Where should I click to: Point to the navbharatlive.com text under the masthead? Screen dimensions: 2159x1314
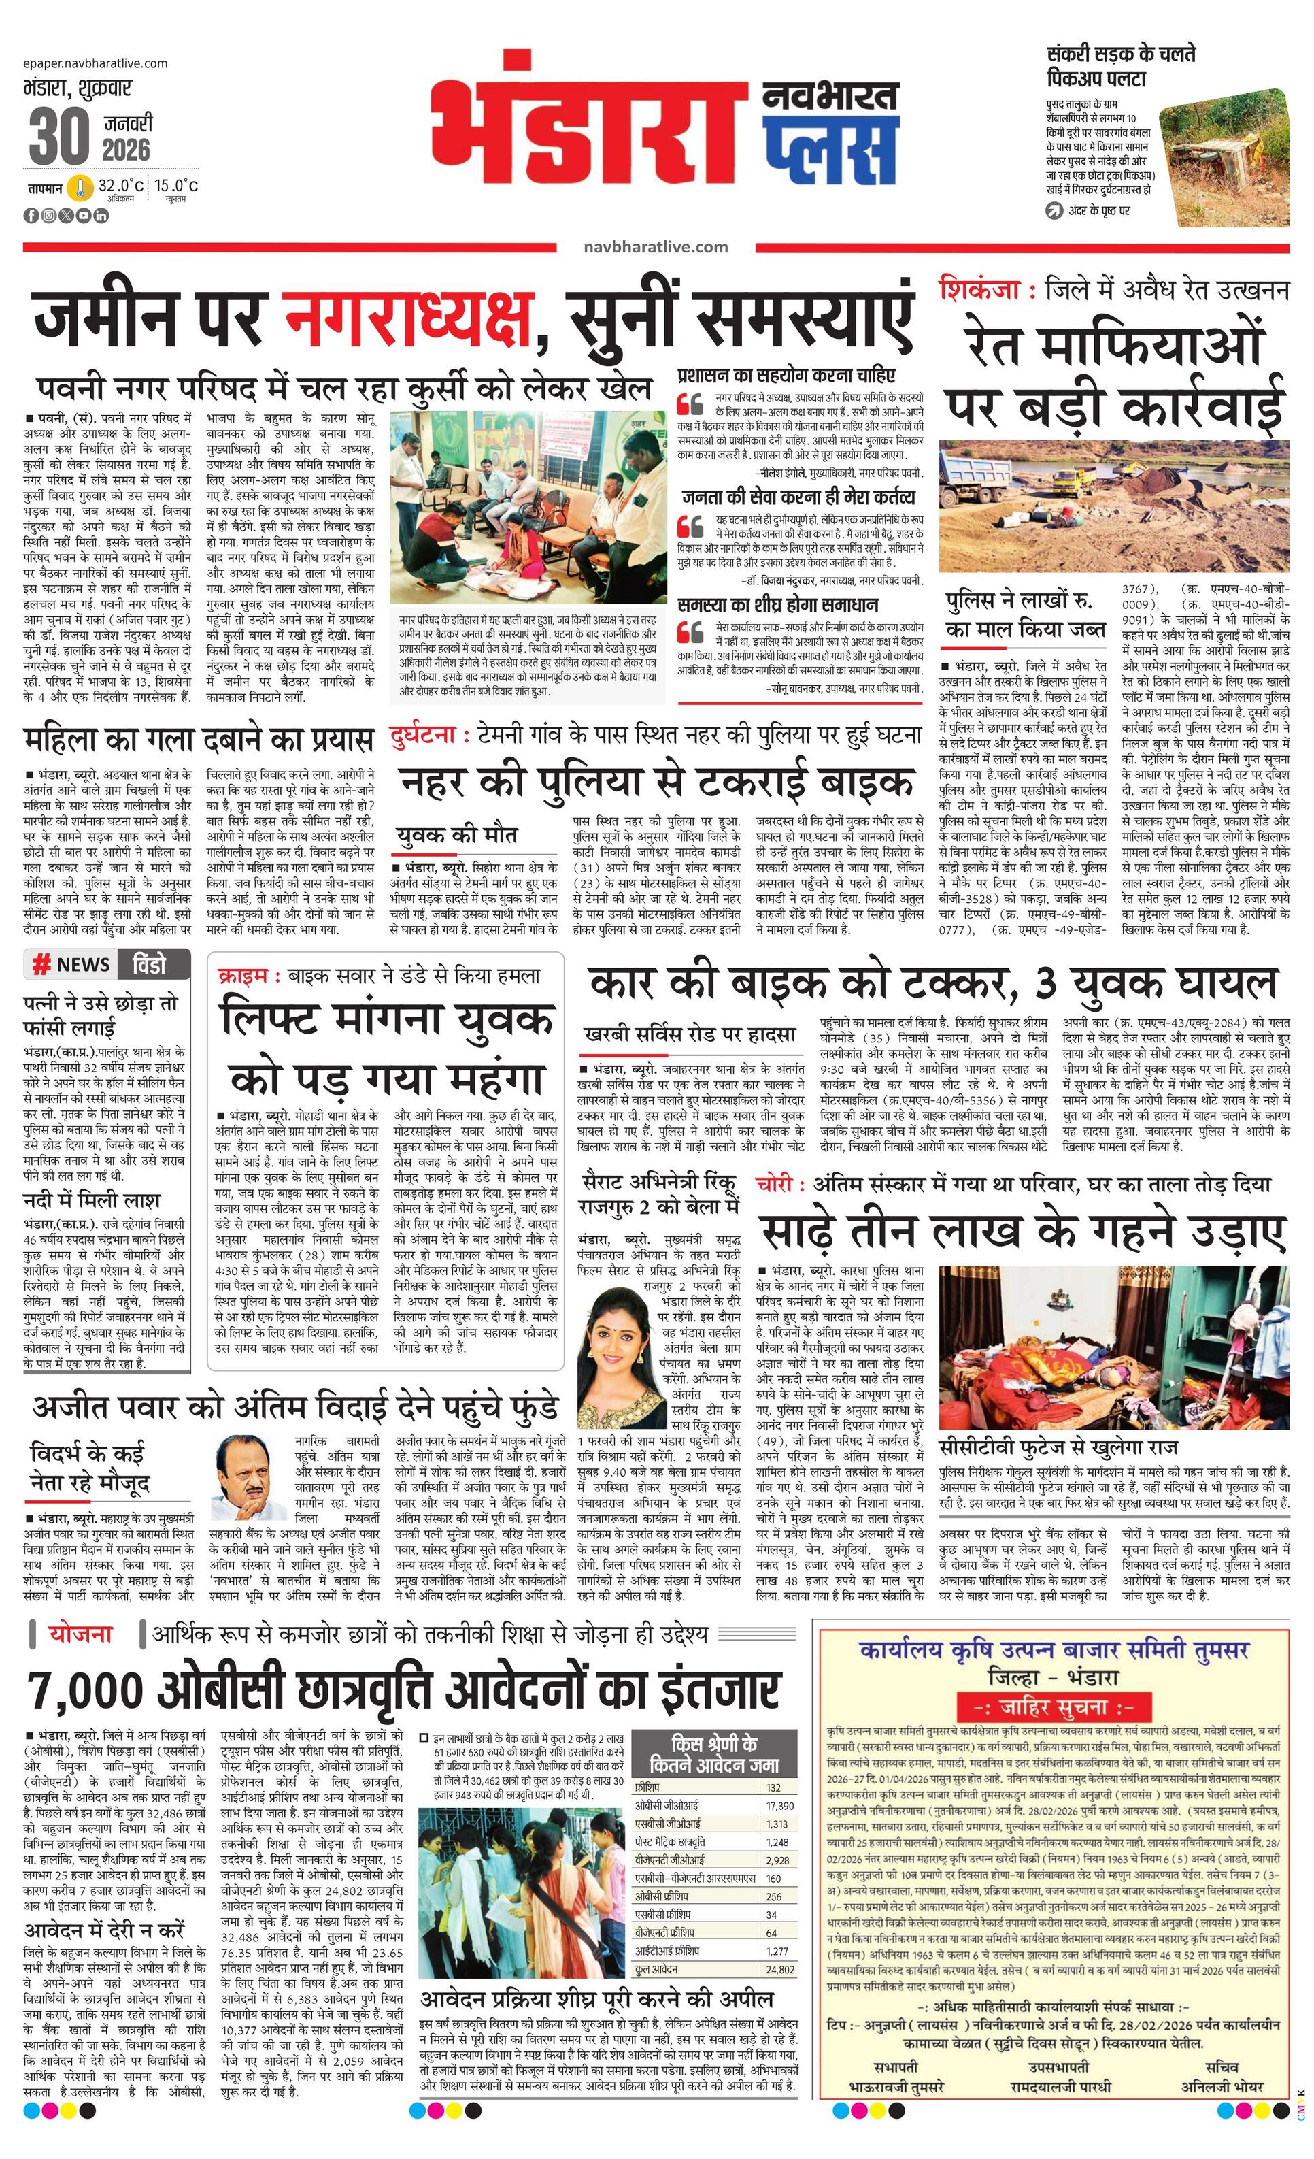[655, 247]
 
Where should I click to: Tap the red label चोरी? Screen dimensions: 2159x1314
[779, 1184]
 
